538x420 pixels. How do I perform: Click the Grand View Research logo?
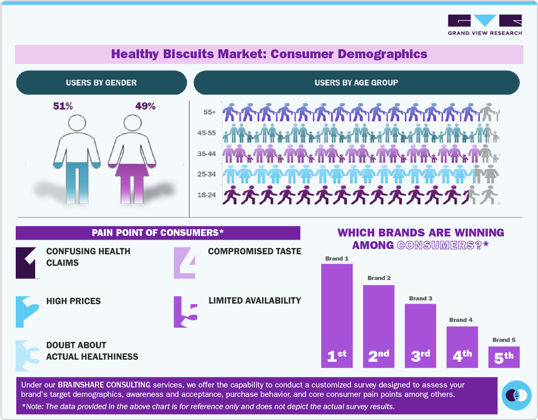click(484, 25)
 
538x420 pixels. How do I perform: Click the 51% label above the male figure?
click(63, 106)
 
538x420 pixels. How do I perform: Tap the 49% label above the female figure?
click(145, 106)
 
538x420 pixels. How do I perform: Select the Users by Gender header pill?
click(101, 83)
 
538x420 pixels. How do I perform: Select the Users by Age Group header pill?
click(356, 83)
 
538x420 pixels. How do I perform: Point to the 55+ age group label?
click(209, 112)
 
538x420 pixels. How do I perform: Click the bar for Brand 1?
click(336, 315)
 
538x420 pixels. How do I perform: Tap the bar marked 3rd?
click(420, 336)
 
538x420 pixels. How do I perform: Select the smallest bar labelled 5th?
click(503, 357)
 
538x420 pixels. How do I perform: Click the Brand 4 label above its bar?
click(461, 320)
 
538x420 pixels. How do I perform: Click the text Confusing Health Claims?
click(88, 257)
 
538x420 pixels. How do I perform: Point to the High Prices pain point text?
click(73, 301)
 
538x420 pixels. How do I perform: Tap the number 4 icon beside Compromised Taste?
click(185, 262)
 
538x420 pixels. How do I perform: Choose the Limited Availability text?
click(255, 300)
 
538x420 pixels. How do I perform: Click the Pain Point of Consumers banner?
click(157, 233)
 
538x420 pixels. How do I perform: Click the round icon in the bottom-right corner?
click(516, 395)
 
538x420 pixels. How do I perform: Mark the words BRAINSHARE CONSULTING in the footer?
click(106, 385)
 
